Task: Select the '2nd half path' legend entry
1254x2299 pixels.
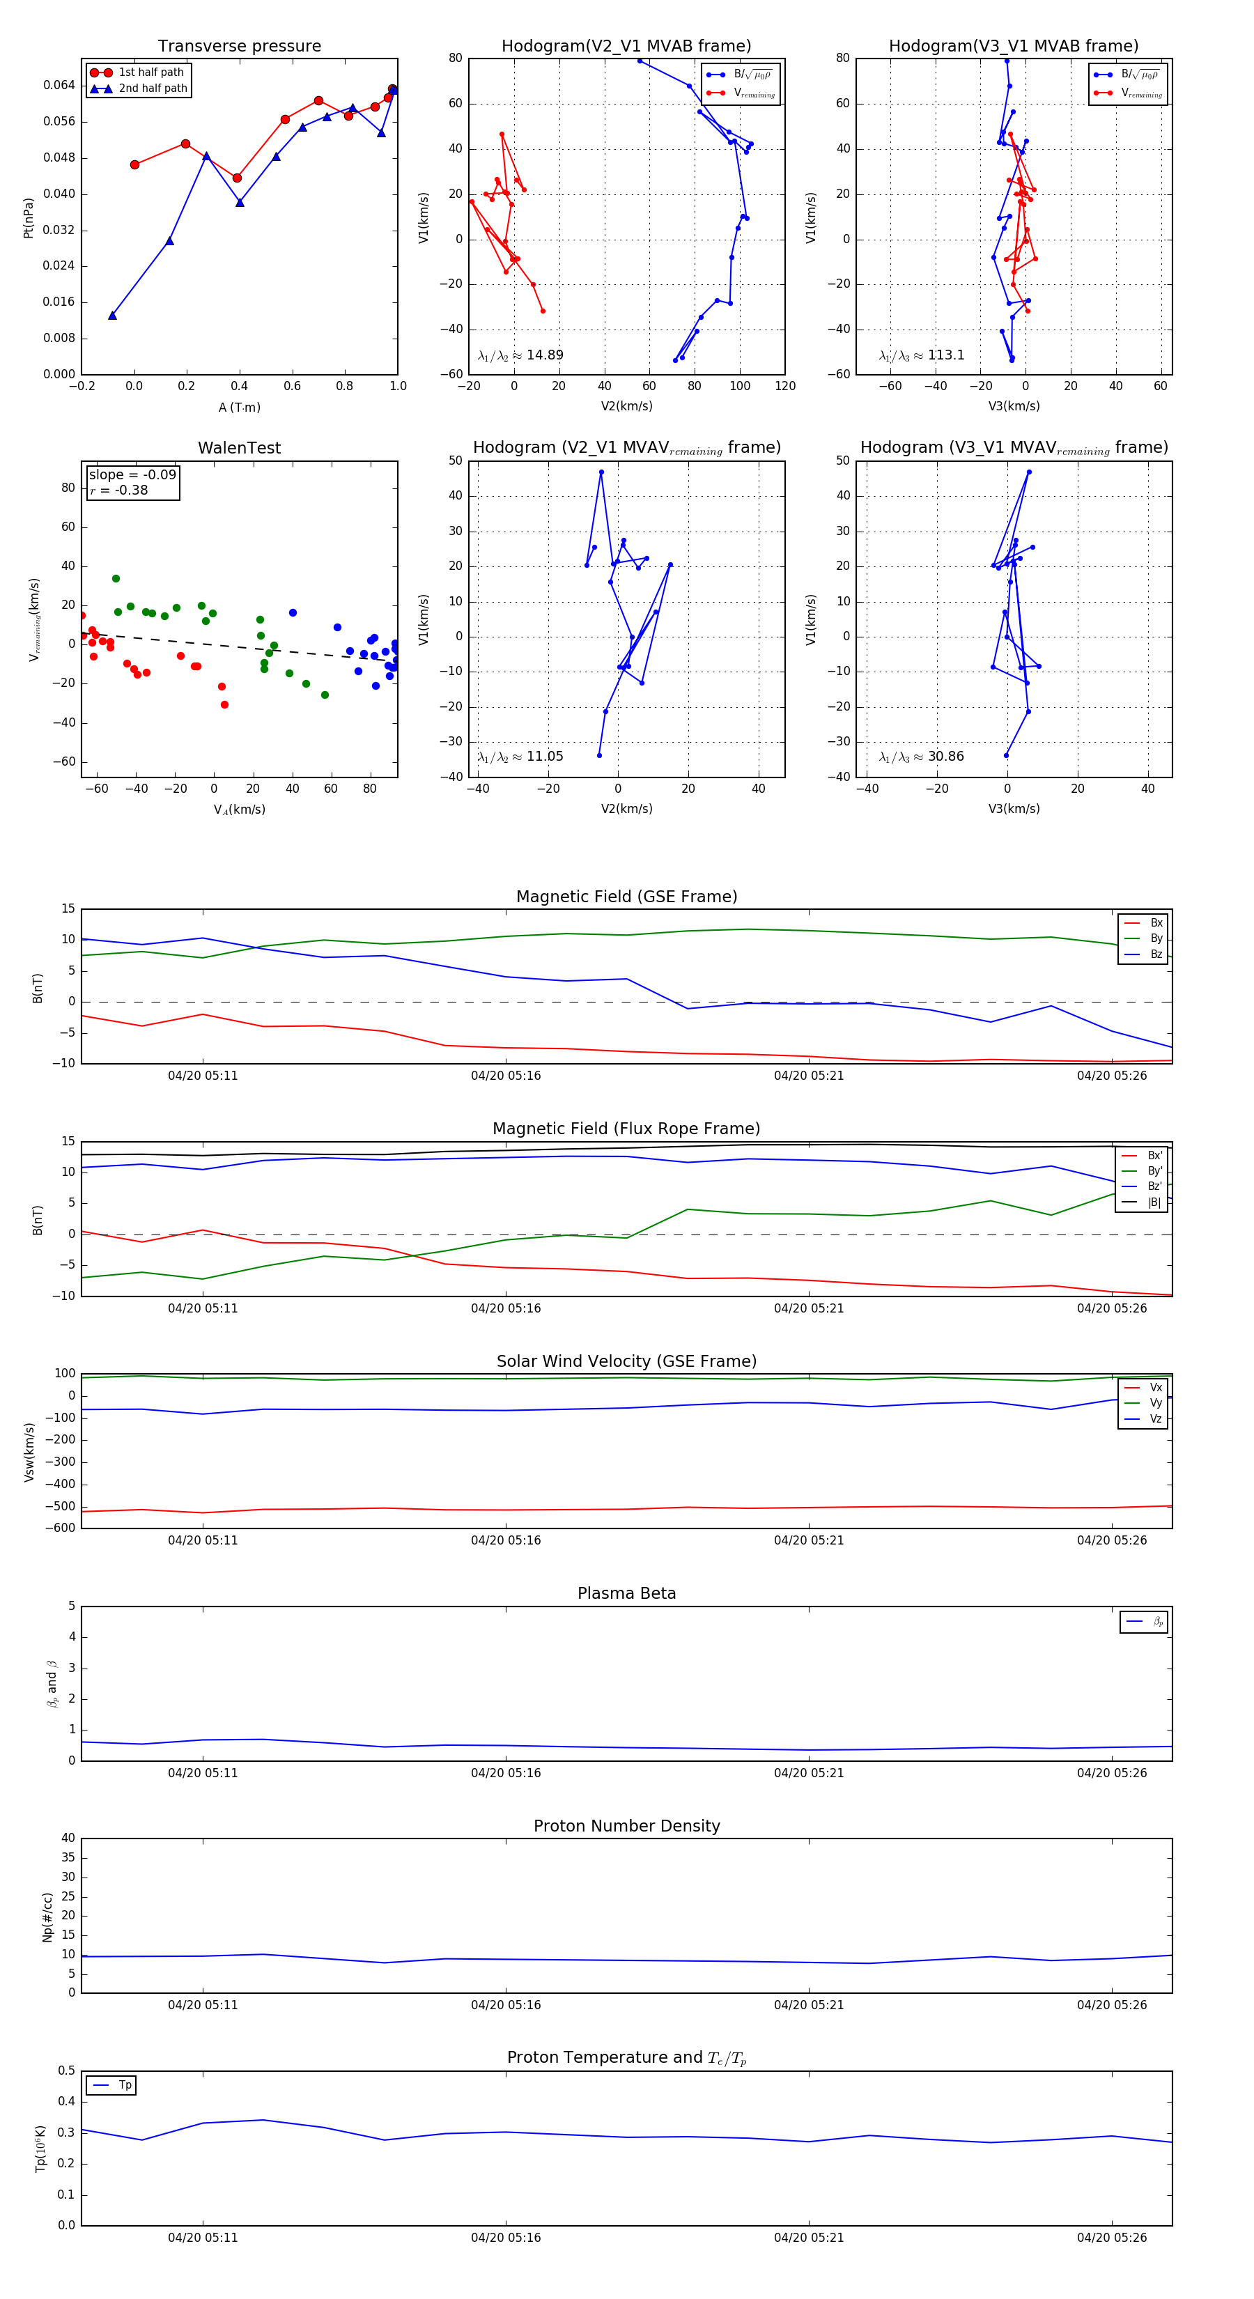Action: click(x=153, y=88)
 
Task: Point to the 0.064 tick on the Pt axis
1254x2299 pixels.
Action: click(x=60, y=86)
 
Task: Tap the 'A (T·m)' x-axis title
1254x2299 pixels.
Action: click(x=239, y=408)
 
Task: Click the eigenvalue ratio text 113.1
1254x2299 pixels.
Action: click(x=945, y=355)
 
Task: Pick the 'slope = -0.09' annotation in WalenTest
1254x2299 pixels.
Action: click(x=132, y=475)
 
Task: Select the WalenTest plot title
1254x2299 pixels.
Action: click(x=239, y=448)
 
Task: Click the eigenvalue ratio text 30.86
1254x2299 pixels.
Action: click(x=945, y=757)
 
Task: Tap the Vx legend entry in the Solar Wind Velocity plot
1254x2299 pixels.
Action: click(x=1155, y=1388)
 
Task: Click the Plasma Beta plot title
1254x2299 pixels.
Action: click(x=626, y=1594)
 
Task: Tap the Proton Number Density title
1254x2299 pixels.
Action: click(x=626, y=1826)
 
